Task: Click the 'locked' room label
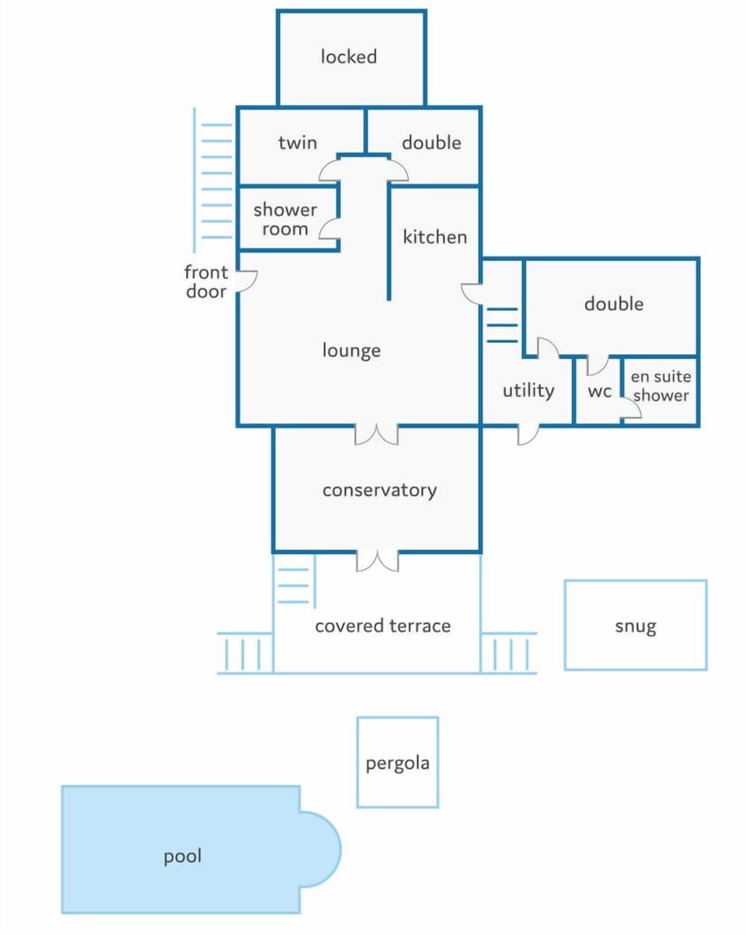pos(349,57)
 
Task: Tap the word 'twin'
pos(298,142)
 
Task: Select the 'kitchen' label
pos(435,237)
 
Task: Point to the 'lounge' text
pos(351,351)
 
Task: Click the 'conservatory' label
pos(380,490)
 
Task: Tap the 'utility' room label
pos(528,390)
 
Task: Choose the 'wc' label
pos(600,392)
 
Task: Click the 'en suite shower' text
pos(661,386)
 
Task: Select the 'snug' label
pos(636,626)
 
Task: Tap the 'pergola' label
pos(398,763)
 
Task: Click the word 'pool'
pos(183,857)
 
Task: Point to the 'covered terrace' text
pos(383,626)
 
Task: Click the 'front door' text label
pos(206,282)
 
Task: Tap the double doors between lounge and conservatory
pos(376,434)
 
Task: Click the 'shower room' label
pos(285,219)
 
